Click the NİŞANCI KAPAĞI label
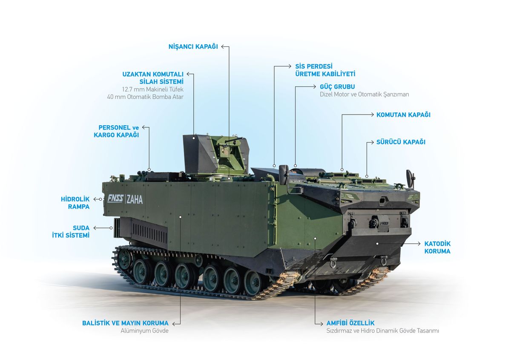point(193,47)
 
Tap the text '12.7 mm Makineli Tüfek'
point(152,89)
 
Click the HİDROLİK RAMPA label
point(75,203)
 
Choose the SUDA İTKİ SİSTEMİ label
point(75,231)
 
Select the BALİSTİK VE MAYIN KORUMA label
point(125,323)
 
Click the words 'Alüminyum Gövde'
point(145,331)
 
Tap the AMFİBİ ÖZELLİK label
point(350,323)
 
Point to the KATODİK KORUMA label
point(437,248)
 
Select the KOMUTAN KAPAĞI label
point(403,115)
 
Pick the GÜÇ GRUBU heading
point(337,86)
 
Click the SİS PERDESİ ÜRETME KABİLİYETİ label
point(325,70)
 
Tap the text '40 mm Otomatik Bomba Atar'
point(145,97)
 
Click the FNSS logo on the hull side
point(115,199)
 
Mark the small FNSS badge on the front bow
point(384,223)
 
